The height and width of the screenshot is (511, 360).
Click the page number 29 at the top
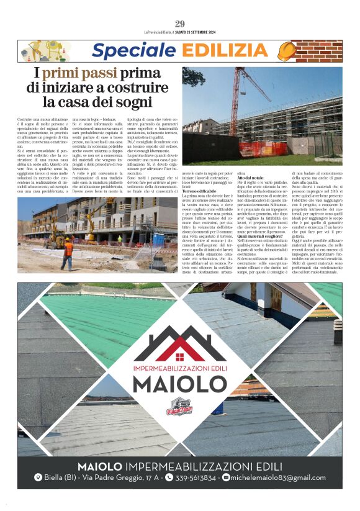point(180,24)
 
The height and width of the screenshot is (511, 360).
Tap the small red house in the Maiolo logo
point(180,357)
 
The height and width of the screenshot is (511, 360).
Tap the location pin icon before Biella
point(38,477)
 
